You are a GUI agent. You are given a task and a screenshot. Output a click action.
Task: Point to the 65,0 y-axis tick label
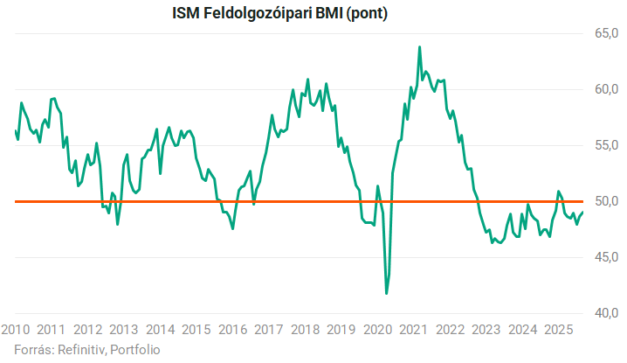coord(607,33)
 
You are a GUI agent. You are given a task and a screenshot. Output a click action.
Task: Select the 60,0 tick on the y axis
coord(607,89)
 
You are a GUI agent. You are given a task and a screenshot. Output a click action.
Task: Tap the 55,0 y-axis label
coord(607,145)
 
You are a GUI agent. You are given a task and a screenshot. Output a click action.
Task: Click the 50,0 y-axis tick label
coord(607,201)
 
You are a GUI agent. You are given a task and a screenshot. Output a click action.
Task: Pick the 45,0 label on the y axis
coord(607,257)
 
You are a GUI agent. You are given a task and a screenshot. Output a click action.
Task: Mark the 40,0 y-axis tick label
coord(607,313)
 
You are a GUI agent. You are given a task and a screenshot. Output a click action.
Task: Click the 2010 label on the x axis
coord(17,330)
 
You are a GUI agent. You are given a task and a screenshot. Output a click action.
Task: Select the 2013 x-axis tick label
coord(123,330)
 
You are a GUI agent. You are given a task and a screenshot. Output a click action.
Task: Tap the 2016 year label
coord(231,330)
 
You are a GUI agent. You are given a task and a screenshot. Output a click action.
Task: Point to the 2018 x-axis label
coord(304,330)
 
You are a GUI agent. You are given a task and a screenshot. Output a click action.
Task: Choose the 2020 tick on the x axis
coord(377,330)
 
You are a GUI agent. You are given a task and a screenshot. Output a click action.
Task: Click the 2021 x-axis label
coord(413,330)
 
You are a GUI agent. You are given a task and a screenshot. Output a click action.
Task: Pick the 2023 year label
coord(486,330)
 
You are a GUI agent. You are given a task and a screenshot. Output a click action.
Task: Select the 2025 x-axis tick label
coord(558,330)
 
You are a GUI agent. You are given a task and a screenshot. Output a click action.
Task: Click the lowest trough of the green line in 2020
coord(387,293)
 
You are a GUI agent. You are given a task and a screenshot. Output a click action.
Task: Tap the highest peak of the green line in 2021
coord(419,47)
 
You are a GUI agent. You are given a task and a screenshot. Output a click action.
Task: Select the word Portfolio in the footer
coord(135,349)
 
